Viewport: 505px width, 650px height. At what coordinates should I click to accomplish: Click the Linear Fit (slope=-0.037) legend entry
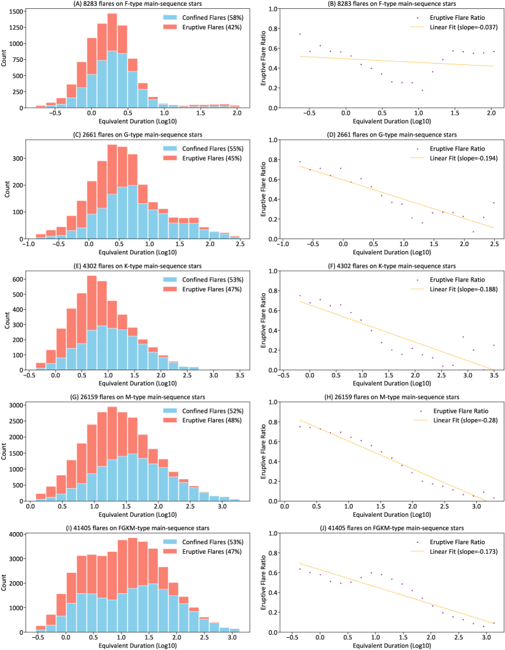[x=453, y=27]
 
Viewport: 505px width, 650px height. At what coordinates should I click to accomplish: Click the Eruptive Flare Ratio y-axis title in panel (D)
[x=264, y=189]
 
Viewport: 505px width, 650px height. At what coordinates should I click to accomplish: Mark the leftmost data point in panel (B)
[x=299, y=34]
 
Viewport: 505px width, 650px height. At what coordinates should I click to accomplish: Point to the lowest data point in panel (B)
[x=422, y=90]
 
